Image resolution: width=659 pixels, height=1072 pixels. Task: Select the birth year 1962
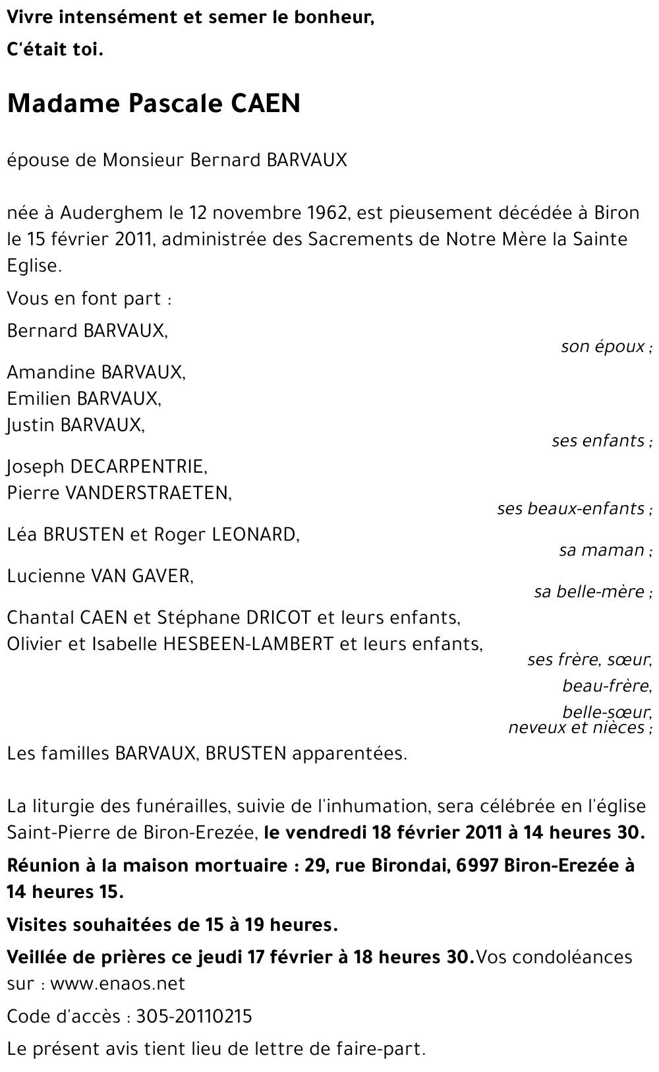(327, 213)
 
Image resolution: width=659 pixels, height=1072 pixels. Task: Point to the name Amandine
(51, 372)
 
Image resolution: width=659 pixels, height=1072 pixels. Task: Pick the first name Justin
(30, 425)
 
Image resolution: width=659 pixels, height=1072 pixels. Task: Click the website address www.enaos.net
(117, 984)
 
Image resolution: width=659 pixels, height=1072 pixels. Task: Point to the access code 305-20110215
(194, 1017)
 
